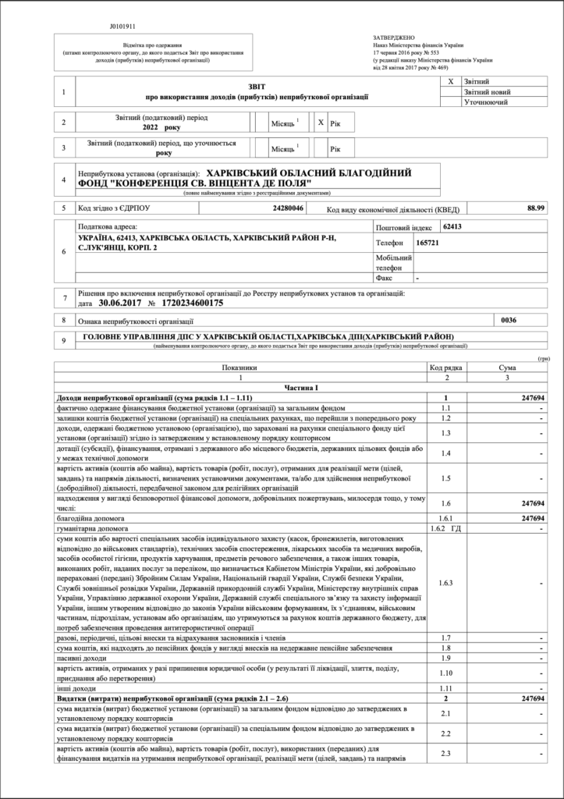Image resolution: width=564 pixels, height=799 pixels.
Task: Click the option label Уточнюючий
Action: point(486,102)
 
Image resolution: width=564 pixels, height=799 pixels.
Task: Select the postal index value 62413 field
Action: point(452,227)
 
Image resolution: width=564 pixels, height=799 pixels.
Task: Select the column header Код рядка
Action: point(445,367)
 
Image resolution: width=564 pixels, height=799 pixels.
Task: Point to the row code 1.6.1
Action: point(445,517)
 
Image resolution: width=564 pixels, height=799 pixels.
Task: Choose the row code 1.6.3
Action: point(445,583)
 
